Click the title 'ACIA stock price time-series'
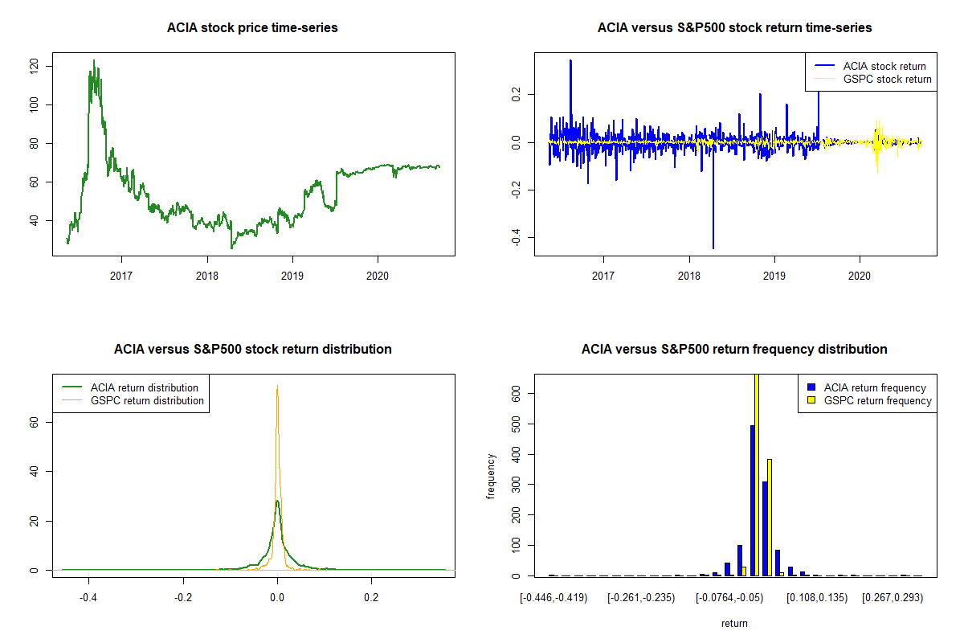(x=252, y=28)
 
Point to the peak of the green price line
(x=93, y=60)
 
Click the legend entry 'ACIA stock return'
(x=884, y=66)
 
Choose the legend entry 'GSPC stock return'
(x=887, y=79)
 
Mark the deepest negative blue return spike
(x=713, y=248)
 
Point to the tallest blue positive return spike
(x=570, y=60)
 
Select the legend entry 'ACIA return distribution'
(x=145, y=387)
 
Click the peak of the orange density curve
(x=277, y=387)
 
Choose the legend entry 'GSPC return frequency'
(x=878, y=400)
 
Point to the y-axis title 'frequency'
(x=492, y=476)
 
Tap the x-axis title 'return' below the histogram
(x=734, y=623)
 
